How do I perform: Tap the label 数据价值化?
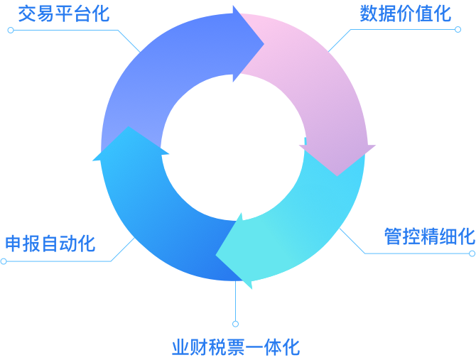coord(405,13)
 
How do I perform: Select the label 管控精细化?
coord(429,236)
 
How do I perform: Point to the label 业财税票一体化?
coord(235,347)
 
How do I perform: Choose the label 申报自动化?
coord(50,244)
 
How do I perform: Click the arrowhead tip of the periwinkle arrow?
coord(261,43)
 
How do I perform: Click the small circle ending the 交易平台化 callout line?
coord(10,31)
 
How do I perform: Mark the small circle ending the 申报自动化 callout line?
coord(4,261)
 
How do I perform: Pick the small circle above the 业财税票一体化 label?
coord(235,324)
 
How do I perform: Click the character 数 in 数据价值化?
coord(368,13)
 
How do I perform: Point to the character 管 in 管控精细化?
coord(393,236)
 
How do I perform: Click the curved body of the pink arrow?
coord(320,78)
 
